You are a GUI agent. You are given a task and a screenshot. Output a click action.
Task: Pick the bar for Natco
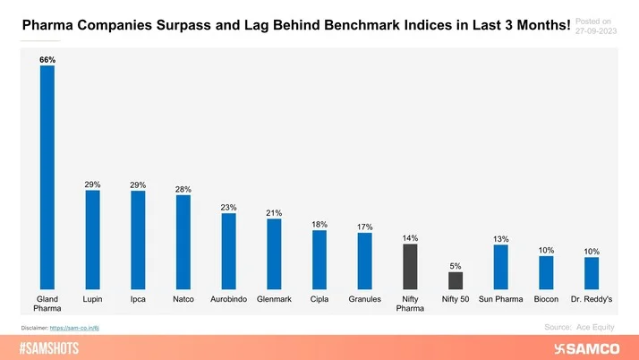tap(183, 241)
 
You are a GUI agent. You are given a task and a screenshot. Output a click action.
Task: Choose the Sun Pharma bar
tap(501, 266)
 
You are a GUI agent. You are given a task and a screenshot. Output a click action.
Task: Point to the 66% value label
tap(47, 59)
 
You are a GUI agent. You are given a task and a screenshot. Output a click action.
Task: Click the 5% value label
tap(456, 265)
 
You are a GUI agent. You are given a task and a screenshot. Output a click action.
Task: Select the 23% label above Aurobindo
tap(228, 207)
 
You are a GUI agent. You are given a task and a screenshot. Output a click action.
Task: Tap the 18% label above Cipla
tap(319, 224)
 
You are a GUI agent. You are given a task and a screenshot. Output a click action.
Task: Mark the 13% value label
tap(501, 239)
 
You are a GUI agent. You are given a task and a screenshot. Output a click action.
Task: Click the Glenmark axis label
tap(274, 298)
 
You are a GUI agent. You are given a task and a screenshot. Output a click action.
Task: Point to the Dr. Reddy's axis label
tap(592, 298)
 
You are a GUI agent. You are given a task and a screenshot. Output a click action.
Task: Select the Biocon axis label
tap(546, 298)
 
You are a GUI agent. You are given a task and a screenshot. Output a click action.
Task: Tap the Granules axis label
tap(364, 298)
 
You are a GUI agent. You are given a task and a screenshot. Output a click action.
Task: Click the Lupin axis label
tap(92, 298)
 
